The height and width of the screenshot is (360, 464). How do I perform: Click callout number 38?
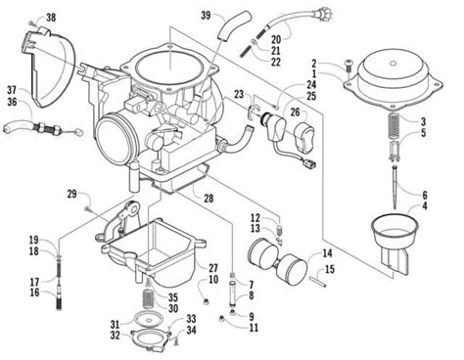(x=51, y=18)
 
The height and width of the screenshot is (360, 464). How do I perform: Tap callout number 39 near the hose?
(x=205, y=16)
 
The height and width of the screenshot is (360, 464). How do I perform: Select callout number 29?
(x=71, y=195)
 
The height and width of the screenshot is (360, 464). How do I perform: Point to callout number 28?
(x=209, y=199)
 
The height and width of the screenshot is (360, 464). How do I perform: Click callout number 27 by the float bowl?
(x=213, y=267)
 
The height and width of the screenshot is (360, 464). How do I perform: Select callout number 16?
(x=33, y=292)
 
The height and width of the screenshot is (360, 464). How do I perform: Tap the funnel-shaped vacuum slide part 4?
(x=391, y=234)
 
